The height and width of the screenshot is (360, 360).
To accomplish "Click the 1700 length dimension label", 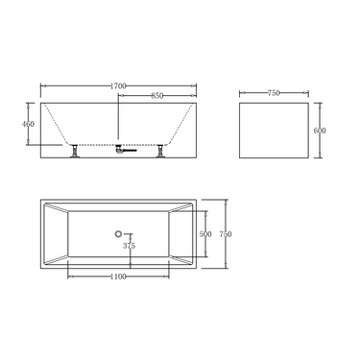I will click(117, 84).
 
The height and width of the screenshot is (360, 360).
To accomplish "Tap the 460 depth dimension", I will click(29, 125).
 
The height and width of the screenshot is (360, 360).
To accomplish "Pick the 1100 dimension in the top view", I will click(118, 276).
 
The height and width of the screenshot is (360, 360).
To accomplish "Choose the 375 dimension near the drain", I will click(130, 246).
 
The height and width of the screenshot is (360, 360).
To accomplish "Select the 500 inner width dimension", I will click(205, 233).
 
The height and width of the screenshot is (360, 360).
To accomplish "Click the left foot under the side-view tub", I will click(74, 151).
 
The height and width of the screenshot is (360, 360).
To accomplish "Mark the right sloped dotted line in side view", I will click(179, 125).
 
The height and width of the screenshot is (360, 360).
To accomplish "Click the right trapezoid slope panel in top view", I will click(180, 233).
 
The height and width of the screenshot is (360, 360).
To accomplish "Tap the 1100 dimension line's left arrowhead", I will click(70, 276).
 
